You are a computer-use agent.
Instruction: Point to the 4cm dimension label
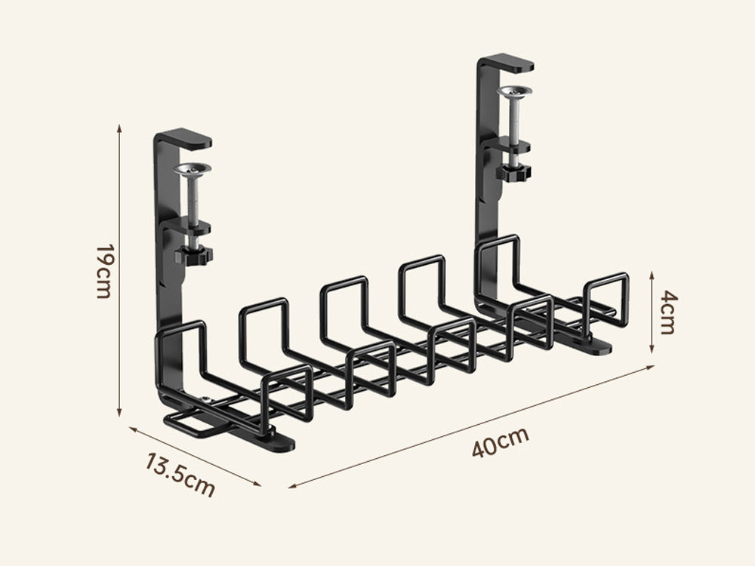pyautogui.click(x=669, y=312)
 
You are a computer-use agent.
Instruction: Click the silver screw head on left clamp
pyautogui.click(x=192, y=170)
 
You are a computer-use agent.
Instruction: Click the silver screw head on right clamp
pyautogui.click(x=513, y=91)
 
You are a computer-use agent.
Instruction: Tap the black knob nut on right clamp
pyautogui.click(x=513, y=172)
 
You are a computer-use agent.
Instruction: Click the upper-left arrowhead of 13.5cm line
pyautogui.click(x=131, y=428)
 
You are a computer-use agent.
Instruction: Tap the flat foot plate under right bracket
pyautogui.click(x=596, y=347)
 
